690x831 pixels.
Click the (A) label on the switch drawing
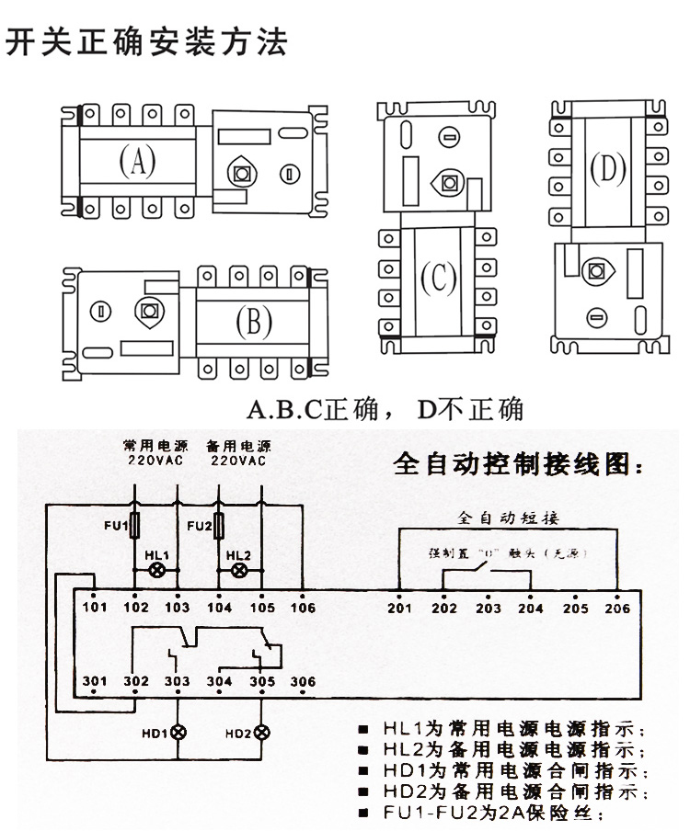point(137,162)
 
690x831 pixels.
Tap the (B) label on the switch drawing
point(253,321)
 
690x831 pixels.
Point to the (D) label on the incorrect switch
point(606,169)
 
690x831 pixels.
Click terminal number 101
point(95,607)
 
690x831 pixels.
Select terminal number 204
point(531,608)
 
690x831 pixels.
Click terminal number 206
point(618,608)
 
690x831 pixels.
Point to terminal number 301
point(95,681)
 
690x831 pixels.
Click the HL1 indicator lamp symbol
point(156,570)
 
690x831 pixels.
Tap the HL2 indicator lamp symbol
point(238,570)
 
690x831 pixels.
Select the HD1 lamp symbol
point(178,733)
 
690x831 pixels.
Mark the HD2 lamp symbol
point(261,733)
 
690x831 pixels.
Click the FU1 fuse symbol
point(136,527)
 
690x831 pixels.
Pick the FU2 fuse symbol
point(219,527)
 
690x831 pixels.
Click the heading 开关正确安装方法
point(146,43)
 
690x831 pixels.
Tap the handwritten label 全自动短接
point(509,518)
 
